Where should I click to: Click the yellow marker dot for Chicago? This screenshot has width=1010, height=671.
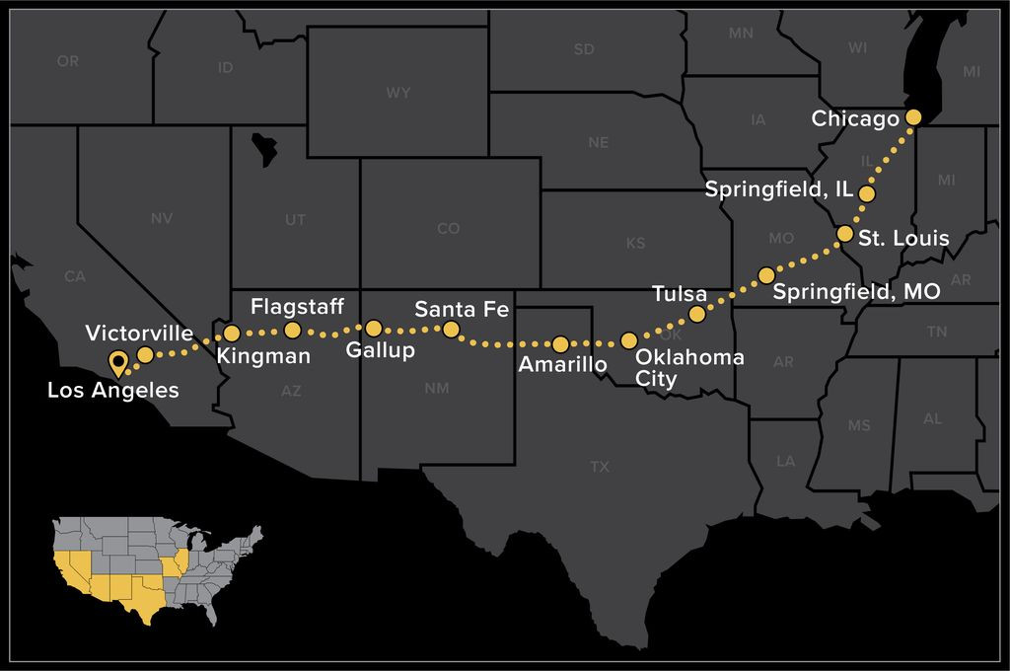[912, 117]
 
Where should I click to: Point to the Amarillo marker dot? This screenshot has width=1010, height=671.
[560, 344]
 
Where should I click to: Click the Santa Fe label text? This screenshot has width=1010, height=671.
[461, 309]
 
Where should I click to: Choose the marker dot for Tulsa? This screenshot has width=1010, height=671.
[696, 314]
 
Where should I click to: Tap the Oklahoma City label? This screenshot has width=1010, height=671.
[689, 366]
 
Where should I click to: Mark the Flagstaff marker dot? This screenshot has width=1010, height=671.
[292, 330]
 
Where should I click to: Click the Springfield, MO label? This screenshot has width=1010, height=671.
[856, 292]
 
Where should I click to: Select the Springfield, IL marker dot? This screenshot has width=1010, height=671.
[867, 193]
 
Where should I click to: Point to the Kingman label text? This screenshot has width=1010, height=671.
[262, 355]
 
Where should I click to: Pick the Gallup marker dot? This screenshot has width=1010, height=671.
[374, 329]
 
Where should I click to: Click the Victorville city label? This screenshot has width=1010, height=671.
[139, 332]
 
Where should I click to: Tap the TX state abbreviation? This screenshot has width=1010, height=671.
[600, 467]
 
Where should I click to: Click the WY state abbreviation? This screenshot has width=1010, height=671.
[398, 93]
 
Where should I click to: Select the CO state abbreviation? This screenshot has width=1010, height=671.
[448, 229]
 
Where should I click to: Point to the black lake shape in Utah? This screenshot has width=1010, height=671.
[264, 148]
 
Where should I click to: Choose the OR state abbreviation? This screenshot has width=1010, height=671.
[67, 61]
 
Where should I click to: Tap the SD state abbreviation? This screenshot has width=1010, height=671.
[584, 49]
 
